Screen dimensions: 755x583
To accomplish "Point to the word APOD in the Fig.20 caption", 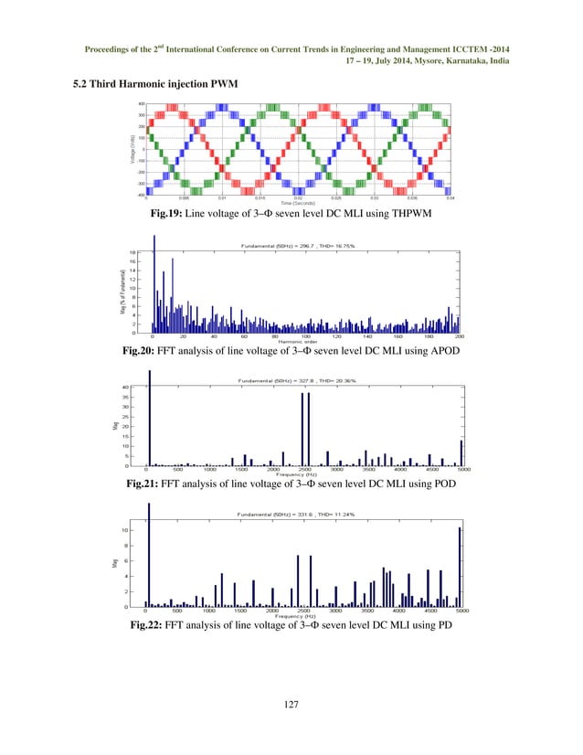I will pyautogui.click(x=442, y=350).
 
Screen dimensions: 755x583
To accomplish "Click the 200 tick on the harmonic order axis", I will pyautogui.click(x=459, y=336).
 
